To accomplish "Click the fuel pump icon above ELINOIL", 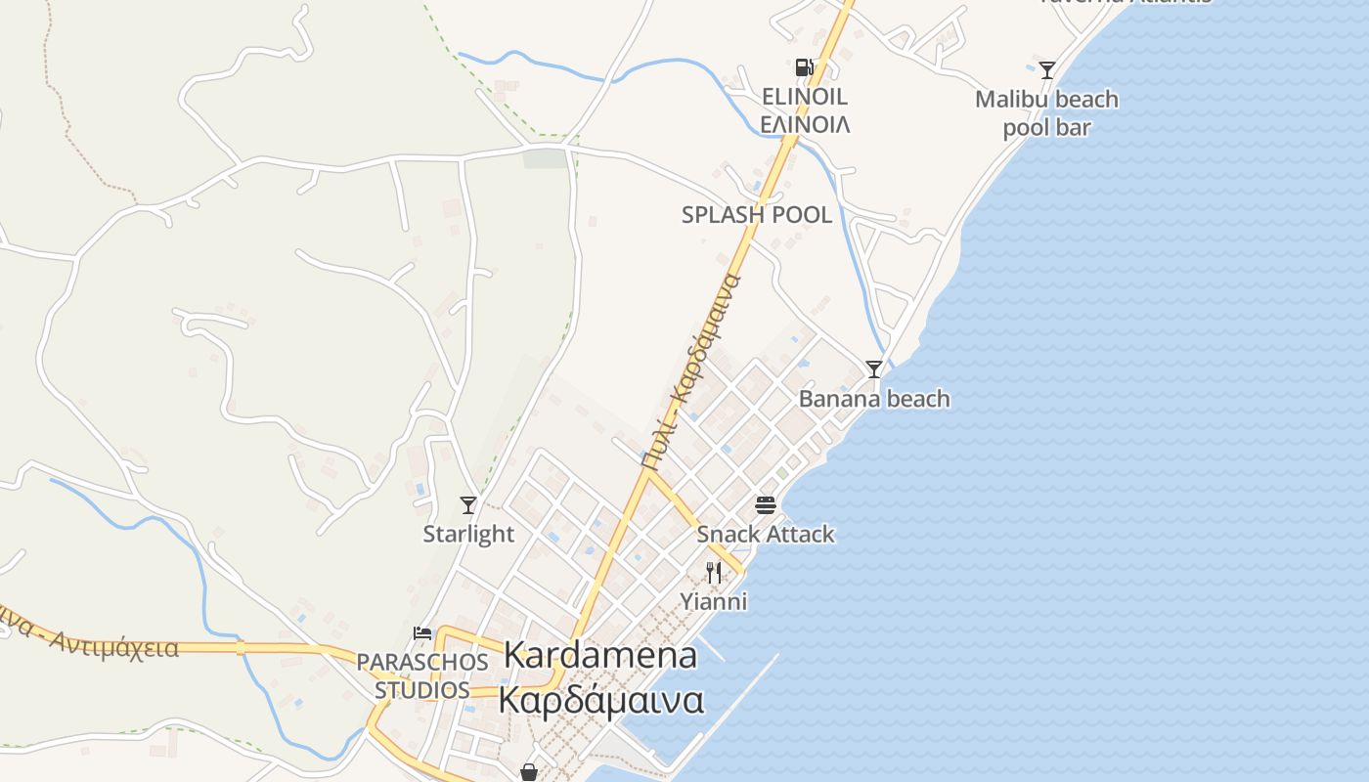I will [x=804, y=66].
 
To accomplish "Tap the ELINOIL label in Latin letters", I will [x=804, y=97].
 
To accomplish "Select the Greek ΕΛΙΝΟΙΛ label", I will [x=804, y=124].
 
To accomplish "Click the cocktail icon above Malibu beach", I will [x=1047, y=69].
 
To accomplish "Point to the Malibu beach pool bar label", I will [x=1046, y=113].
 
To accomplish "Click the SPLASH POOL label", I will [x=757, y=215].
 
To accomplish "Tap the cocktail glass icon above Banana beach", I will [x=874, y=369].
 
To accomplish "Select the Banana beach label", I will [x=874, y=399].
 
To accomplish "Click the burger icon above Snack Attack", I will [x=765, y=505].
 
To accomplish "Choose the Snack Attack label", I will [x=766, y=534].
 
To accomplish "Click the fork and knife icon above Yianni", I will [x=714, y=572].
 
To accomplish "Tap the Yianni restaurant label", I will [x=714, y=601].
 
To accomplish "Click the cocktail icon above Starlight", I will [x=468, y=504].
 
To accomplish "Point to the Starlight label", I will [x=468, y=534].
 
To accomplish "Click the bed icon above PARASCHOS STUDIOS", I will [x=422, y=633].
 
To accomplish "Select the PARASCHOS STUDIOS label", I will [x=422, y=675].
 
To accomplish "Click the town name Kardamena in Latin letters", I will [x=600, y=656].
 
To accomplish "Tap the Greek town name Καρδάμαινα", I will [x=600, y=700].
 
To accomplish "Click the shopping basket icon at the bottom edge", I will [x=529, y=772].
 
